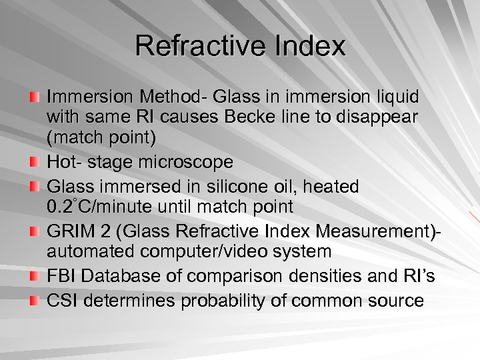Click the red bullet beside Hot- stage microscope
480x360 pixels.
click(x=34, y=162)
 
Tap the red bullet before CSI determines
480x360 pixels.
click(x=34, y=301)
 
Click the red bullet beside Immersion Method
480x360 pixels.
click(x=34, y=97)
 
